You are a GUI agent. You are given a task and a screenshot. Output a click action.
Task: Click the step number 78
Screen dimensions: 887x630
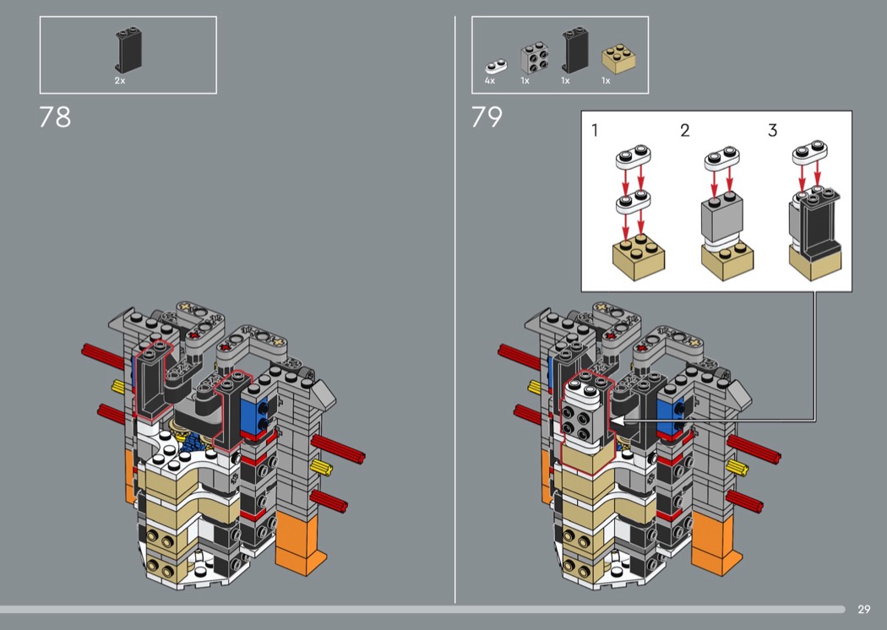click(x=55, y=117)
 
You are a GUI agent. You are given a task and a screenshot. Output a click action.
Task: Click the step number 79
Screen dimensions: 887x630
click(x=487, y=117)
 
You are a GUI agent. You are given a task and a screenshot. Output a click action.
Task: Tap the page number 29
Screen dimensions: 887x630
click(x=864, y=609)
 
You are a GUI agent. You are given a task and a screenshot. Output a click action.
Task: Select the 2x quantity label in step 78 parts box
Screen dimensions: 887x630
click(x=120, y=81)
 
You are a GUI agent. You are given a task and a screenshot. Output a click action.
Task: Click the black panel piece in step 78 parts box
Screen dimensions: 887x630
click(x=129, y=50)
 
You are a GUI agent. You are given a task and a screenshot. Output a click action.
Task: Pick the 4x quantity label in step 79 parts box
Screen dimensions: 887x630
click(x=490, y=81)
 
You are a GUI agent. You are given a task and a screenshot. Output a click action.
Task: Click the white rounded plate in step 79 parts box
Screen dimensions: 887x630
click(x=496, y=67)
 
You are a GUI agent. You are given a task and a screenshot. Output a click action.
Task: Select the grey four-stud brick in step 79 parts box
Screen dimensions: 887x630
click(x=534, y=57)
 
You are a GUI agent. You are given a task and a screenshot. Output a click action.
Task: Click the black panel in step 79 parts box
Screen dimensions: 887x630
click(x=575, y=50)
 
